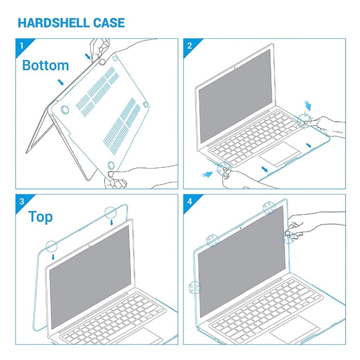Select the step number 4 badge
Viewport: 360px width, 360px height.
pyautogui.click(x=190, y=201)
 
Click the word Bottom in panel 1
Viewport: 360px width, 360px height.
pyautogui.click(x=45, y=65)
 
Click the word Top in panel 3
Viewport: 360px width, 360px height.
pyautogui.click(x=40, y=217)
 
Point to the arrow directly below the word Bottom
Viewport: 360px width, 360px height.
pyautogui.click(x=61, y=82)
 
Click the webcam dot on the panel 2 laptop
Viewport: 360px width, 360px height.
pyautogui.click(x=235, y=67)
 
